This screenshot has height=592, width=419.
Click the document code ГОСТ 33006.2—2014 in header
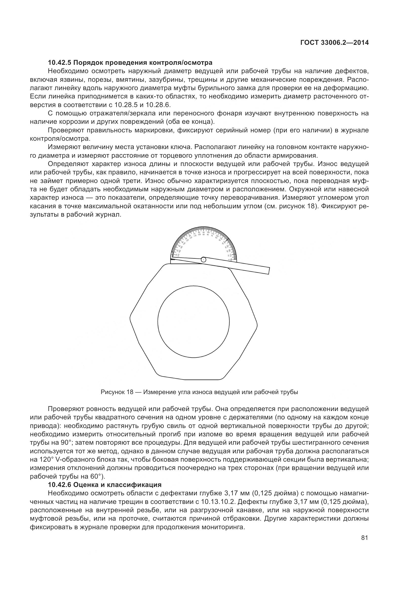(335, 43)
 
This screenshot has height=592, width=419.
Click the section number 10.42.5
(60, 63)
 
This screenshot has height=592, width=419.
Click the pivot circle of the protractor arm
(204, 260)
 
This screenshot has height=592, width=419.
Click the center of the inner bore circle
(194, 321)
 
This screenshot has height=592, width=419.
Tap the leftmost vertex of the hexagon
(130, 316)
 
